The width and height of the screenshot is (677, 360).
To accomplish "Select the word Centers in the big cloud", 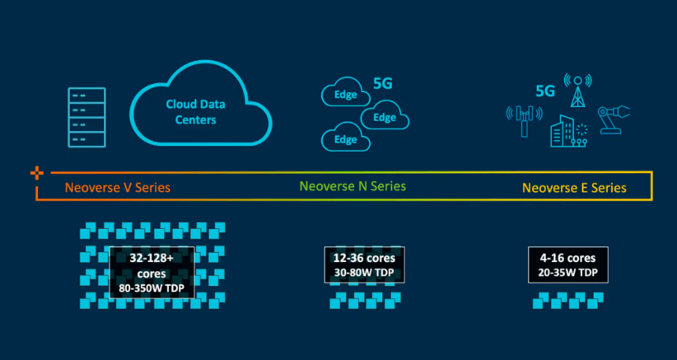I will pyautogui.click(x=195, y=120).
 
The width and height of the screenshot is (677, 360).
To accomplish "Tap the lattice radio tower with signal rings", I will pyautogui.click(x=577, y=93).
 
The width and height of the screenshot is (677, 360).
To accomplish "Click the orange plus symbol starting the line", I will pyautogui.click(x=36, y=173).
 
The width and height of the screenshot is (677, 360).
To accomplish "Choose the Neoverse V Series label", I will pyautogui.click(x=118, y=187).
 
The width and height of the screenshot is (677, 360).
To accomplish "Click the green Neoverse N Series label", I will pyautogui.click(x=352, y=186).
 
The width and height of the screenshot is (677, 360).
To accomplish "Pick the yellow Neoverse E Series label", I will pyautogui.click(x=574, y=188).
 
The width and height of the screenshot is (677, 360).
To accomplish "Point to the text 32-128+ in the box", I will pyautogui.click(x=152, y=257).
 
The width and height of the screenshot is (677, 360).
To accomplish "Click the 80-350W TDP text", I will pyautogui.click(x=152, y=288).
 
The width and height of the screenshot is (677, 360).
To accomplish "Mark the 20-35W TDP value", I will pyautogui.click(x=567, y=274).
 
